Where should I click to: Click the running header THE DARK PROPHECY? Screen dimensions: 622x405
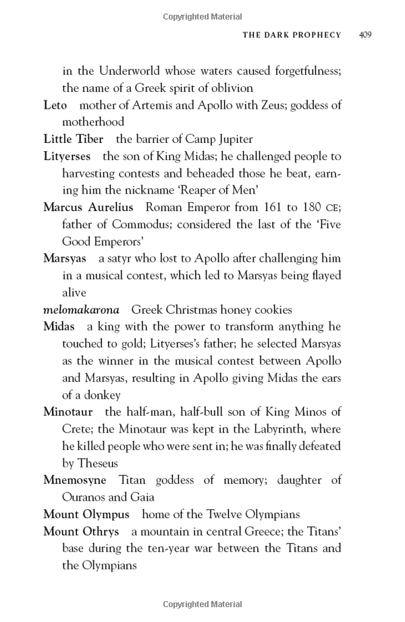tap(292, 34)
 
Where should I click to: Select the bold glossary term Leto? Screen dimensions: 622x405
tap(55, 105)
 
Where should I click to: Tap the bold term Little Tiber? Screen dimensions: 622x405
tap(73, 140)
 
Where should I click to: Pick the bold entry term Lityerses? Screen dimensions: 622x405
tap(66, 157)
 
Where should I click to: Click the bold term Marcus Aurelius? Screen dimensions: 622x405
tap(88, 208)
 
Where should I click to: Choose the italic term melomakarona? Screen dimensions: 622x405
tap(81, 310)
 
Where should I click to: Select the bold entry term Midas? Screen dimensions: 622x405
tap(59, 327)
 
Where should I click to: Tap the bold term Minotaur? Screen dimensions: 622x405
tap(68, 412)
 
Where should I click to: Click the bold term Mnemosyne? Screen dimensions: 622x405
tap(75, 480)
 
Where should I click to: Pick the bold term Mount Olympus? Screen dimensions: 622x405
tap(86, 515)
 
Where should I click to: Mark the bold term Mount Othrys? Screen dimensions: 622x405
tap(81, 532)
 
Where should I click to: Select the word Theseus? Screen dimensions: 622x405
tap(98, 463)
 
